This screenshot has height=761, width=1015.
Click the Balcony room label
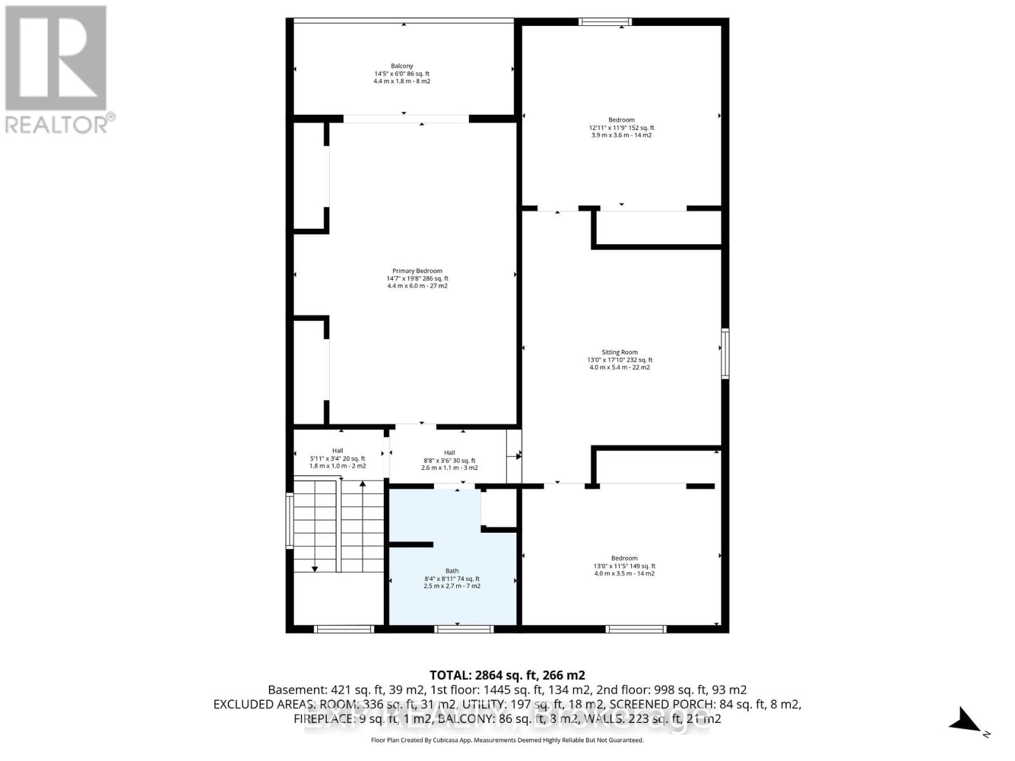click(x=402, y=66)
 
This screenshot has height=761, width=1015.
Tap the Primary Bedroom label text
click(x=417, y=271)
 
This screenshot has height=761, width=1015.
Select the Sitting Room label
click(x=619, y=352)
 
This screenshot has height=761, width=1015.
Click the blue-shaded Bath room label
click(x=452, y=571)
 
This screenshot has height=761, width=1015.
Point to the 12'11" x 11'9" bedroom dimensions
click(x=621, y=127)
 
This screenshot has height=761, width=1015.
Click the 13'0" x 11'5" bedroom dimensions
click(x=624, y=566)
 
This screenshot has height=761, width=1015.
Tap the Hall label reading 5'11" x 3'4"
click(x=337, y=458)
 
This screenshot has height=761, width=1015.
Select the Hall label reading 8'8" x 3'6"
click(x=449, y=460)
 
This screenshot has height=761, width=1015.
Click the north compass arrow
click(x=966, y=721)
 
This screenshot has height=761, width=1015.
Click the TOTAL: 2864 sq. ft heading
click(x=507, y=675)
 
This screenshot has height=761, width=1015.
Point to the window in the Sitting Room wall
click(x=725, y=353)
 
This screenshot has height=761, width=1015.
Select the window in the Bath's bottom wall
click(x=464, y=629)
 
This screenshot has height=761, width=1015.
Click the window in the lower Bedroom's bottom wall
click(x=636, y=629)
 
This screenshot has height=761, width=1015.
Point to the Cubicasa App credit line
click(x=507, y=740)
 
